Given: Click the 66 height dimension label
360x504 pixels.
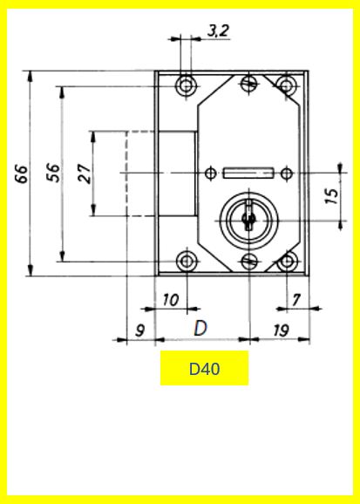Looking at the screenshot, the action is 22,174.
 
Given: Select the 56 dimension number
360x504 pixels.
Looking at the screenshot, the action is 53,173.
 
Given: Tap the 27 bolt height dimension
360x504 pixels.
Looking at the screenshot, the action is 85,174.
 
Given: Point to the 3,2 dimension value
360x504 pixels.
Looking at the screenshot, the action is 218,31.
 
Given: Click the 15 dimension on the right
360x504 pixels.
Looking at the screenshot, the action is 332,196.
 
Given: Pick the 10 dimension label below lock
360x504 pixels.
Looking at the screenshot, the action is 171,300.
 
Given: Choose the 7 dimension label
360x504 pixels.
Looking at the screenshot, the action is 296,300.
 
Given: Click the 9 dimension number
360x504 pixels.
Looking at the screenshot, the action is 139,330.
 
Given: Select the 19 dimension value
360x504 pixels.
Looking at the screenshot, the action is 281,330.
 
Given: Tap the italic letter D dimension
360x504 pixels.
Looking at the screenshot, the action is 200,329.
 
